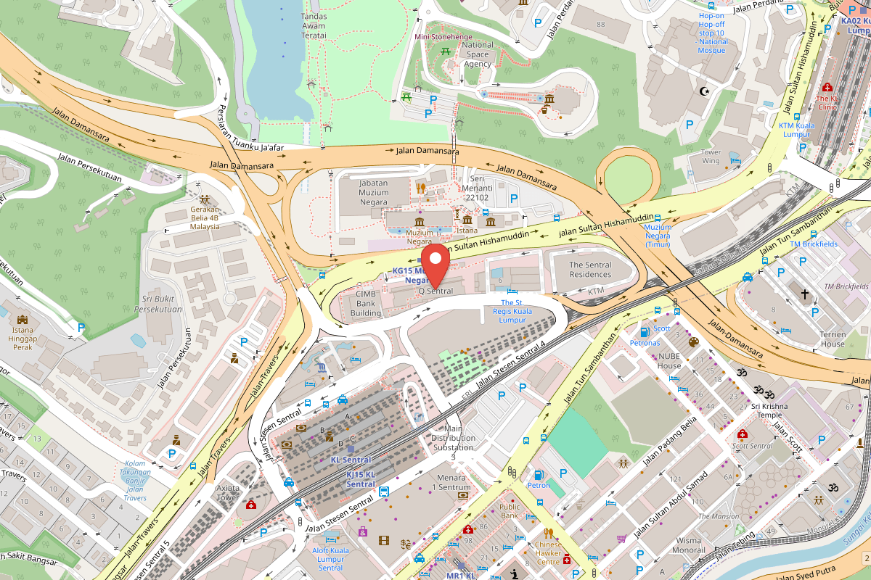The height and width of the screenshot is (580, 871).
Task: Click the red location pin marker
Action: [x=435, y=265]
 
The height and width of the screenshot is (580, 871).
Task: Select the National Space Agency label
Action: [x=478, y=54]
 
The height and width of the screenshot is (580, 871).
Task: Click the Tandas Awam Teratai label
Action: [x=314, y=25]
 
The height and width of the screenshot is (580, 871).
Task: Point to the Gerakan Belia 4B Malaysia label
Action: [x=205, y=217]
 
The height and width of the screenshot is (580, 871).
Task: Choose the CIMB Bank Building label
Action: [x=366, y=304]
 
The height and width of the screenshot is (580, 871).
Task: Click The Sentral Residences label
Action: [x=590, y=270]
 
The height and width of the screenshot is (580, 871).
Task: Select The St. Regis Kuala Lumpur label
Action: [x=512, y=311]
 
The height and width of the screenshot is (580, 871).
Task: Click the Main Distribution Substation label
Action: [x=454, y=438]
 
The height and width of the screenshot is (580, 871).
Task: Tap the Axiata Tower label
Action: [x=227, y=493]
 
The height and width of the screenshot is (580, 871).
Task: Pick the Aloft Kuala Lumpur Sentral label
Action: [x=331, y=559]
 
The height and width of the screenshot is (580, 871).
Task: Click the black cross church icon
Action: [x=804, y=294]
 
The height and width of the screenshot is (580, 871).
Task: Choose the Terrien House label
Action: [x=833, y=339]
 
